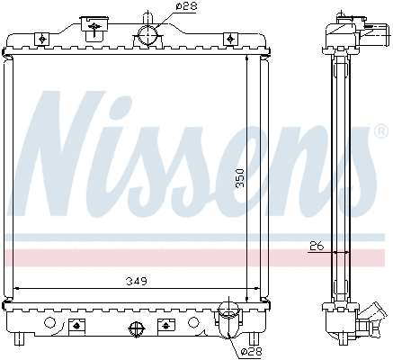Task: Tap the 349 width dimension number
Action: click(x=136, y=281)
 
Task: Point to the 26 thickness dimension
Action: click(x=315, y=244)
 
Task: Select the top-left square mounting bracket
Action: click(x=41, y=39)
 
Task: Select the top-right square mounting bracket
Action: click(x=230, y=39)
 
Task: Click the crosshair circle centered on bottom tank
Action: click(x=136, y=328)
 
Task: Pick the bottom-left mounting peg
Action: click(x=20, y=340)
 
